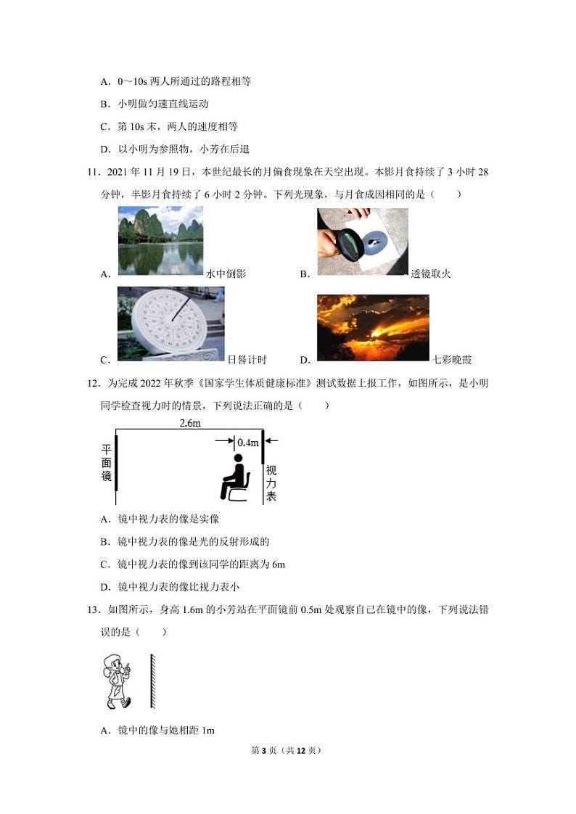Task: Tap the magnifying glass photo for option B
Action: click(362, 242)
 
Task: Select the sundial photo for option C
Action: click(170, 323)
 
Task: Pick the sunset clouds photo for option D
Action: click(373, 327)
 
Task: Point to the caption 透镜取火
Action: click(431, 274)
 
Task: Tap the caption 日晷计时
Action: click(247, 360)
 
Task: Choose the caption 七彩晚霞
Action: click(452, 360)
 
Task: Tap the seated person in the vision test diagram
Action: click(234, 478)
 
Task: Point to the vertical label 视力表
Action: click(271, 483)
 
